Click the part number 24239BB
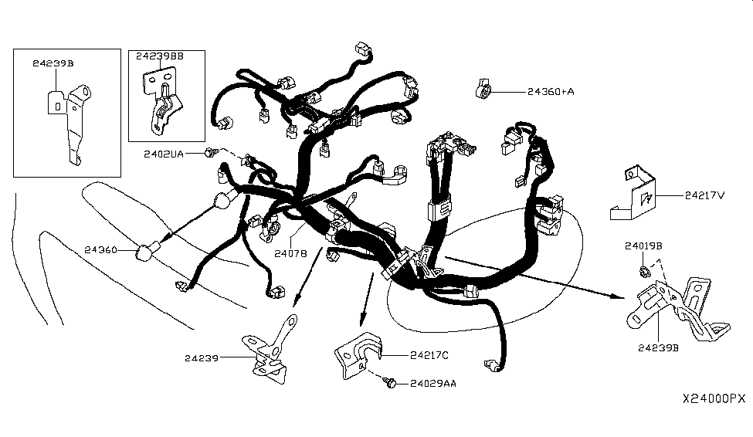[159, 56]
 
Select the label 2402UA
[163, 154]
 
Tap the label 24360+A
[551, 91]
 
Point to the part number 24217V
[704, 195]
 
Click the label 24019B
[643, 246]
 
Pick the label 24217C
[429, 355]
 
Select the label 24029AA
[432, 384]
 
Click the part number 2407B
[290, 253]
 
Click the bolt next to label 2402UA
[211, 153]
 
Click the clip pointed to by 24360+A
[483, 89]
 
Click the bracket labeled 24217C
[358, 354]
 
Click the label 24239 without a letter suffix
[202, 358]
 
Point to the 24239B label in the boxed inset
[53, 63]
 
